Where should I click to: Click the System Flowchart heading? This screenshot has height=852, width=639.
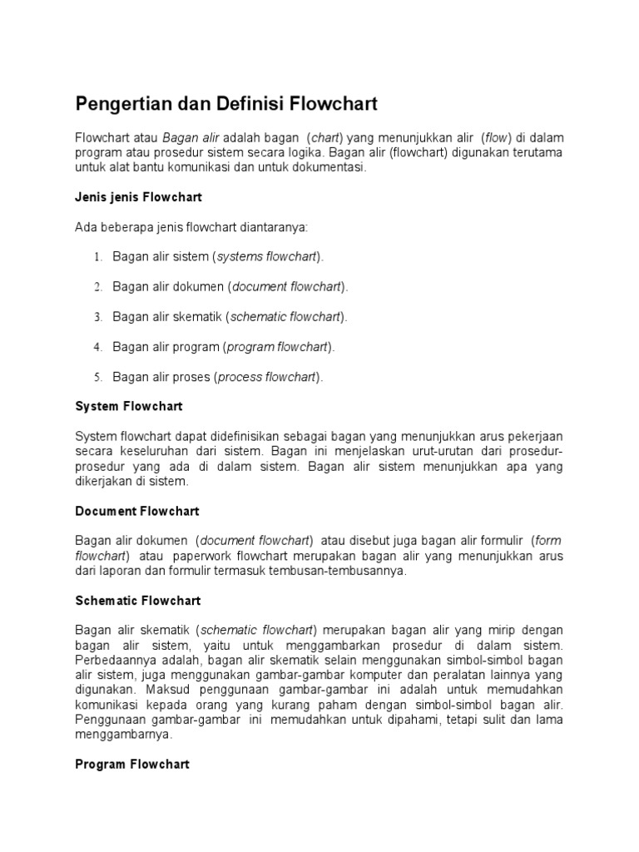pyautogui.click(x=129, y=407)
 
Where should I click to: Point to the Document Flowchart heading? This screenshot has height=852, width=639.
pyautogui.click(x=137, y=511)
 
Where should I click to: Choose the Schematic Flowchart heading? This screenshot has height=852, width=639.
pyautogui.click(x=138, y=600)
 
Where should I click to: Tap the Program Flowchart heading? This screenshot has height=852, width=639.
pyautogui.click(x=132, y=764)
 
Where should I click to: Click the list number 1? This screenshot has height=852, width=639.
pyautogui.click(x=97, y=257)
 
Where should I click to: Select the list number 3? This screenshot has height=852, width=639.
pyautogui.click(x=97, y=317)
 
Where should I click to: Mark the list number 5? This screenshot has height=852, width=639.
pyautogui.click(x=97, y=377)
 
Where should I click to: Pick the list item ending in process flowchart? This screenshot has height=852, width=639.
pyautogui.click(x=217, y=377)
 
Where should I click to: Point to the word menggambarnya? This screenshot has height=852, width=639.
pyautogui.click(x=123, y=735)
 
